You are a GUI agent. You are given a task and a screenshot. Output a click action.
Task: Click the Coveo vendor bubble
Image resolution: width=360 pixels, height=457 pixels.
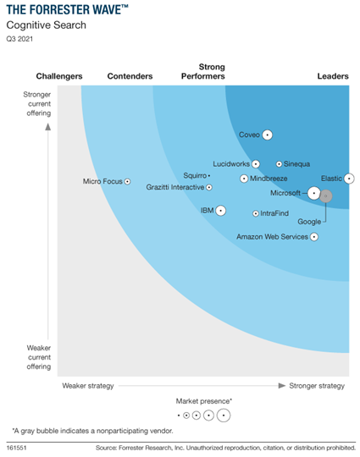(267, 135)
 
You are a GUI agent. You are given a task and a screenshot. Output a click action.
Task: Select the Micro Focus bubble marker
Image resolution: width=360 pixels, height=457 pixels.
(128, 181)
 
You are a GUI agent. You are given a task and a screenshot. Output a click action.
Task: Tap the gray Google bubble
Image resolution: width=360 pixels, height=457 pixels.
(325, 196)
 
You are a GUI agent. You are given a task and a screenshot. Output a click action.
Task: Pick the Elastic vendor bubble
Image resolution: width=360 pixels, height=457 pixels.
(349, 179)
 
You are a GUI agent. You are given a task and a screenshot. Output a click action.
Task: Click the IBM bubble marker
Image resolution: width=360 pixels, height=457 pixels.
(221, 210)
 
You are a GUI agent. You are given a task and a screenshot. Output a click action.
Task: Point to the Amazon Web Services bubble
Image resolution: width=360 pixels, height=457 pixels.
(314, 237)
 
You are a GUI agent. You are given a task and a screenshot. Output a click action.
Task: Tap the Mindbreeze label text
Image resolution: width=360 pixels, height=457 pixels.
(269, 179)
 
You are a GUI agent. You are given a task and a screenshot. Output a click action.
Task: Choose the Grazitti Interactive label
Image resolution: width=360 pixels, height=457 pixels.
(174, 187)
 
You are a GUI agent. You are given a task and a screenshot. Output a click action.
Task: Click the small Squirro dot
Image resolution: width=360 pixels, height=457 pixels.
(209, 175)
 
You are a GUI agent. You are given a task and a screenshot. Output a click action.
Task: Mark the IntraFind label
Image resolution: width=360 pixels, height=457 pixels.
(277, 214)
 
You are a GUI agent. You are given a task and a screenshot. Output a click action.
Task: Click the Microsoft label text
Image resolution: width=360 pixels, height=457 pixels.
(288, 193)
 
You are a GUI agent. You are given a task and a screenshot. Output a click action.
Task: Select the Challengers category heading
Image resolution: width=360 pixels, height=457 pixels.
(59, 77)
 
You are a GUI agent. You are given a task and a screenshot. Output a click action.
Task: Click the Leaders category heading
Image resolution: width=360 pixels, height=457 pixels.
(332, 77)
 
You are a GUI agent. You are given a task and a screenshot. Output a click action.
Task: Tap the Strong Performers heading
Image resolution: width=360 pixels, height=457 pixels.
(203, 72)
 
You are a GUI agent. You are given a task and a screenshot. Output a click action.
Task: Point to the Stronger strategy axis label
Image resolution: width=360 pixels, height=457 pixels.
(317, 386)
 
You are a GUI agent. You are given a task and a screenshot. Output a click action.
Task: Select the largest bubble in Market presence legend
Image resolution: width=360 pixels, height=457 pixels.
(223, 416)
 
